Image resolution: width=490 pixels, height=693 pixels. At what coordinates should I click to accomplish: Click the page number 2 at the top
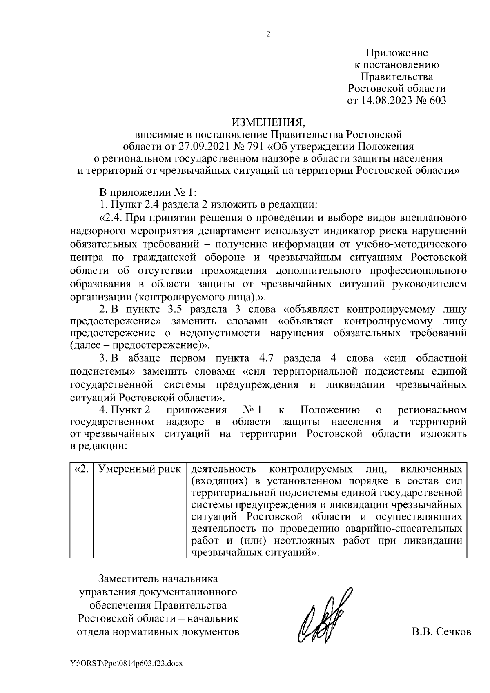[x=268, y=34]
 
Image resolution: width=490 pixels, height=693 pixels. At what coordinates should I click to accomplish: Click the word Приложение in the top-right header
[x=396, y=53]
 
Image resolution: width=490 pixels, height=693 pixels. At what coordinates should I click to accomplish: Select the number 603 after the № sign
[x=437, y=100]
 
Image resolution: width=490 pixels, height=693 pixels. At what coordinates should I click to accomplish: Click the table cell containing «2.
[x=82, y=469]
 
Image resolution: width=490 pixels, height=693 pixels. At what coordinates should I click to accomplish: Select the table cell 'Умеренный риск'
[x=140, y=469]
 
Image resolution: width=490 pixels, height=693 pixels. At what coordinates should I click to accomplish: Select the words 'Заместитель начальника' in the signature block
[x=158, y=579]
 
